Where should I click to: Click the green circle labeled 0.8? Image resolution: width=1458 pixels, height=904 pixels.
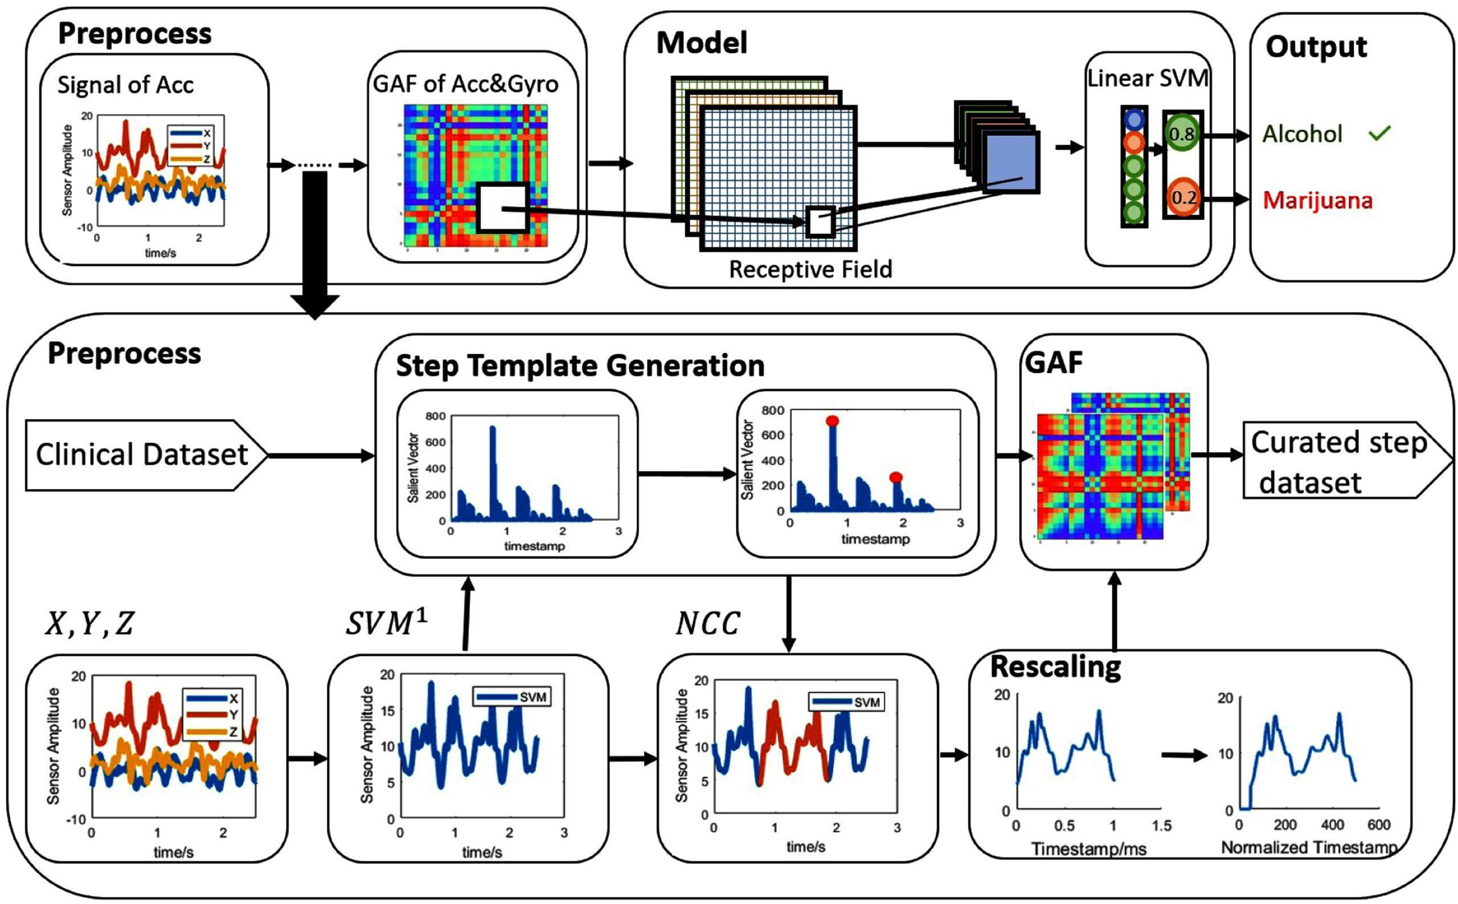1181,134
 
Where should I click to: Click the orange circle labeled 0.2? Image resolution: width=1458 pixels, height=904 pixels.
1182,197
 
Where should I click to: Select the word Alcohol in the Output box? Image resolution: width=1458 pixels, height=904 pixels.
1302,134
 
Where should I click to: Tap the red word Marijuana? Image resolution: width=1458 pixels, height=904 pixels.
1317,200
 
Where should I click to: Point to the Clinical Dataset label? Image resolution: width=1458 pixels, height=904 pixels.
142,455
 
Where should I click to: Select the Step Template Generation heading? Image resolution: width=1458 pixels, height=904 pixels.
579,366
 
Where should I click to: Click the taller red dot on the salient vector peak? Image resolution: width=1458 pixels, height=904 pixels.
832,421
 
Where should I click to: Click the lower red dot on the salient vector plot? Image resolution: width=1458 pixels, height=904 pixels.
895,477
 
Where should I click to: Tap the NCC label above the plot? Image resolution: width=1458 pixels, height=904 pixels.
707,624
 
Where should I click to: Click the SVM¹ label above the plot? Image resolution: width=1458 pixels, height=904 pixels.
386,623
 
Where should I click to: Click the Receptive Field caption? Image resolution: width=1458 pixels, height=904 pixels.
810,270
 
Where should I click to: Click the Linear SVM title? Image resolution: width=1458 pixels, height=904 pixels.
1147,79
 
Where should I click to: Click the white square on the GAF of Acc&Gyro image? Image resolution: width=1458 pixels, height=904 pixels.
502,207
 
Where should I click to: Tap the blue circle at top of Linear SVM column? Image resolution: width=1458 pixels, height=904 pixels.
1133,120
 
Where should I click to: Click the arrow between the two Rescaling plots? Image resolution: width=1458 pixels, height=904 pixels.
1183,755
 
